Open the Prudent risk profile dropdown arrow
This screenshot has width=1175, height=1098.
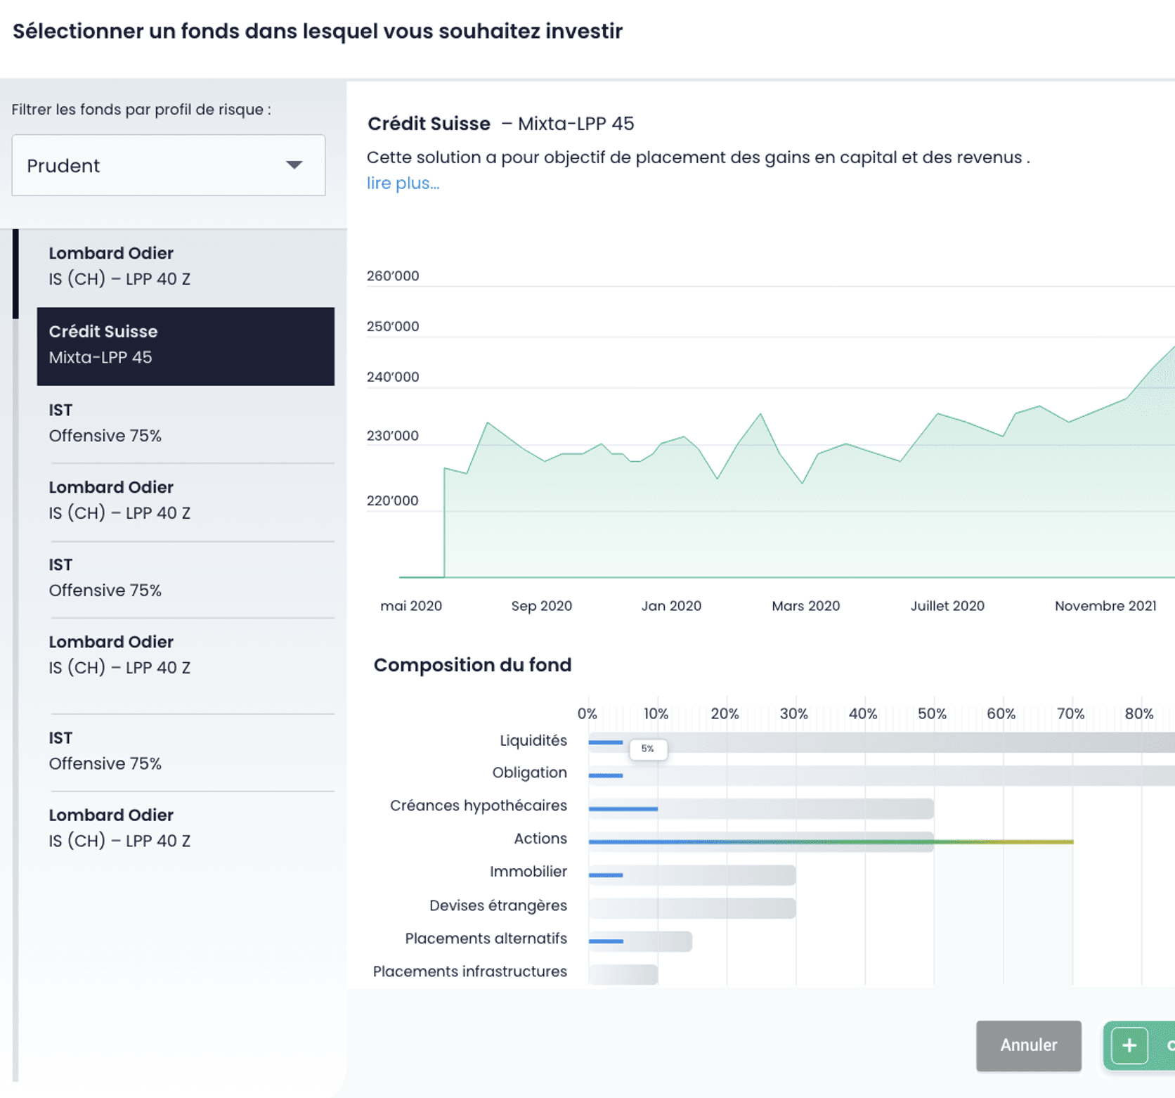[x=294, y=165]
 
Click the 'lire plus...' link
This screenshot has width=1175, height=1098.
[x=403, y=183]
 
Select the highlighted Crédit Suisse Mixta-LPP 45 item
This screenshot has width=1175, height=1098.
[x=186, y=345]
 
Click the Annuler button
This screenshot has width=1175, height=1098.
[x=1028, y=1045]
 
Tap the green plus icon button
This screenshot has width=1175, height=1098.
[x=1129, y=1045]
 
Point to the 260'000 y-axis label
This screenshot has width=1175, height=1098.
[x=392, y=276]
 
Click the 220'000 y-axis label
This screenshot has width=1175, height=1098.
[x=392, y=500]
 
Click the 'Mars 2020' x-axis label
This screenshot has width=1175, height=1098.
[x=805, y=606]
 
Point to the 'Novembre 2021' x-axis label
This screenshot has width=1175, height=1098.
[x=1105, y=606]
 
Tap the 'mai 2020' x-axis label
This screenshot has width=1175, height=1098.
[x=410, y=606]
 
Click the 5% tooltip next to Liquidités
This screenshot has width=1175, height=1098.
[x=648, y=749]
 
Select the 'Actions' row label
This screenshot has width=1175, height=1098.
[x=540, y=839]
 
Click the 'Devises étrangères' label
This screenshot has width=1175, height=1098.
[x=498, y=905]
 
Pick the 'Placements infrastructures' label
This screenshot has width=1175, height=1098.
[x=469, y=971]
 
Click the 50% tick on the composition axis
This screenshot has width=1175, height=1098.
[x=932, y=714]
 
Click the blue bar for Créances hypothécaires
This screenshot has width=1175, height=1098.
[x=623, y=809]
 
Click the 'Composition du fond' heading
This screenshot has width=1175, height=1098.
[x=472, y=665]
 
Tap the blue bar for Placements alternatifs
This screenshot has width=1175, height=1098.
[x=606, y=941]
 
